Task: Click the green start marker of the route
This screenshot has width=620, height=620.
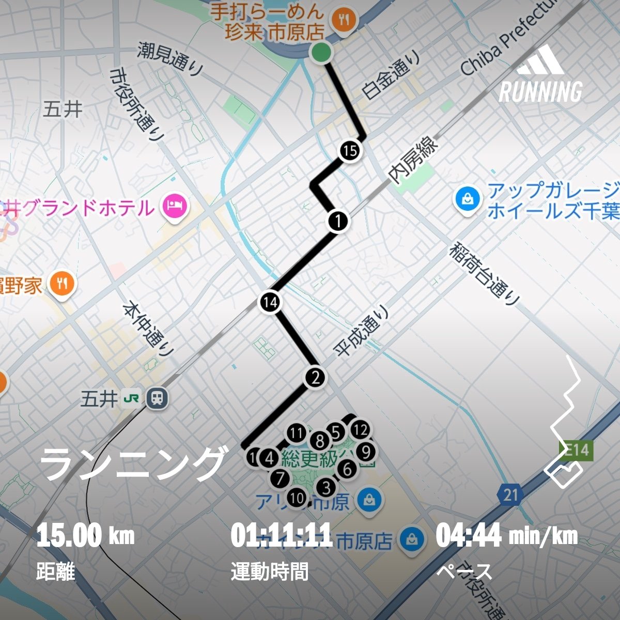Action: [321, 52]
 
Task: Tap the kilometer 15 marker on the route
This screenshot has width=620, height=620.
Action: [350, 151]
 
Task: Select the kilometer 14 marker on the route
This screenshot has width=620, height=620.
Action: [270, 302]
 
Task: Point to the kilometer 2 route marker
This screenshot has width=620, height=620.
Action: [316, 377]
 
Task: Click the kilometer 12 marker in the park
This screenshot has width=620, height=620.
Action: [360, 429]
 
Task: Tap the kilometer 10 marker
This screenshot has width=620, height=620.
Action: [297, 498]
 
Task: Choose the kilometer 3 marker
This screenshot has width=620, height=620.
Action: [326, 487]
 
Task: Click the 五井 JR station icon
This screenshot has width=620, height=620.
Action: [157, 398]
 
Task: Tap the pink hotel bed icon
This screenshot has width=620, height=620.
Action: [175, 206]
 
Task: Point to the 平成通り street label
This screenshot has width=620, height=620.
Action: [362, 331]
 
